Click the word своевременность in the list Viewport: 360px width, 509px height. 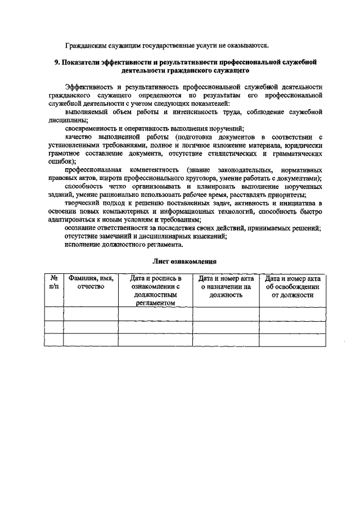93,128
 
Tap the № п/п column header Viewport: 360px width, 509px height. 54,282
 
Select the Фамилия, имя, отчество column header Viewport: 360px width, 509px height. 91,282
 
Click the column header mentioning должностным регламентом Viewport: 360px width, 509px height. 156,290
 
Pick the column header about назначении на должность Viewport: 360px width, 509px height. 226,286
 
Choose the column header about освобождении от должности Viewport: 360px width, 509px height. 292,286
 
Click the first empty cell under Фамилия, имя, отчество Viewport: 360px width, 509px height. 91,313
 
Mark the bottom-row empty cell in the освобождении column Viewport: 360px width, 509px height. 292,340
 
